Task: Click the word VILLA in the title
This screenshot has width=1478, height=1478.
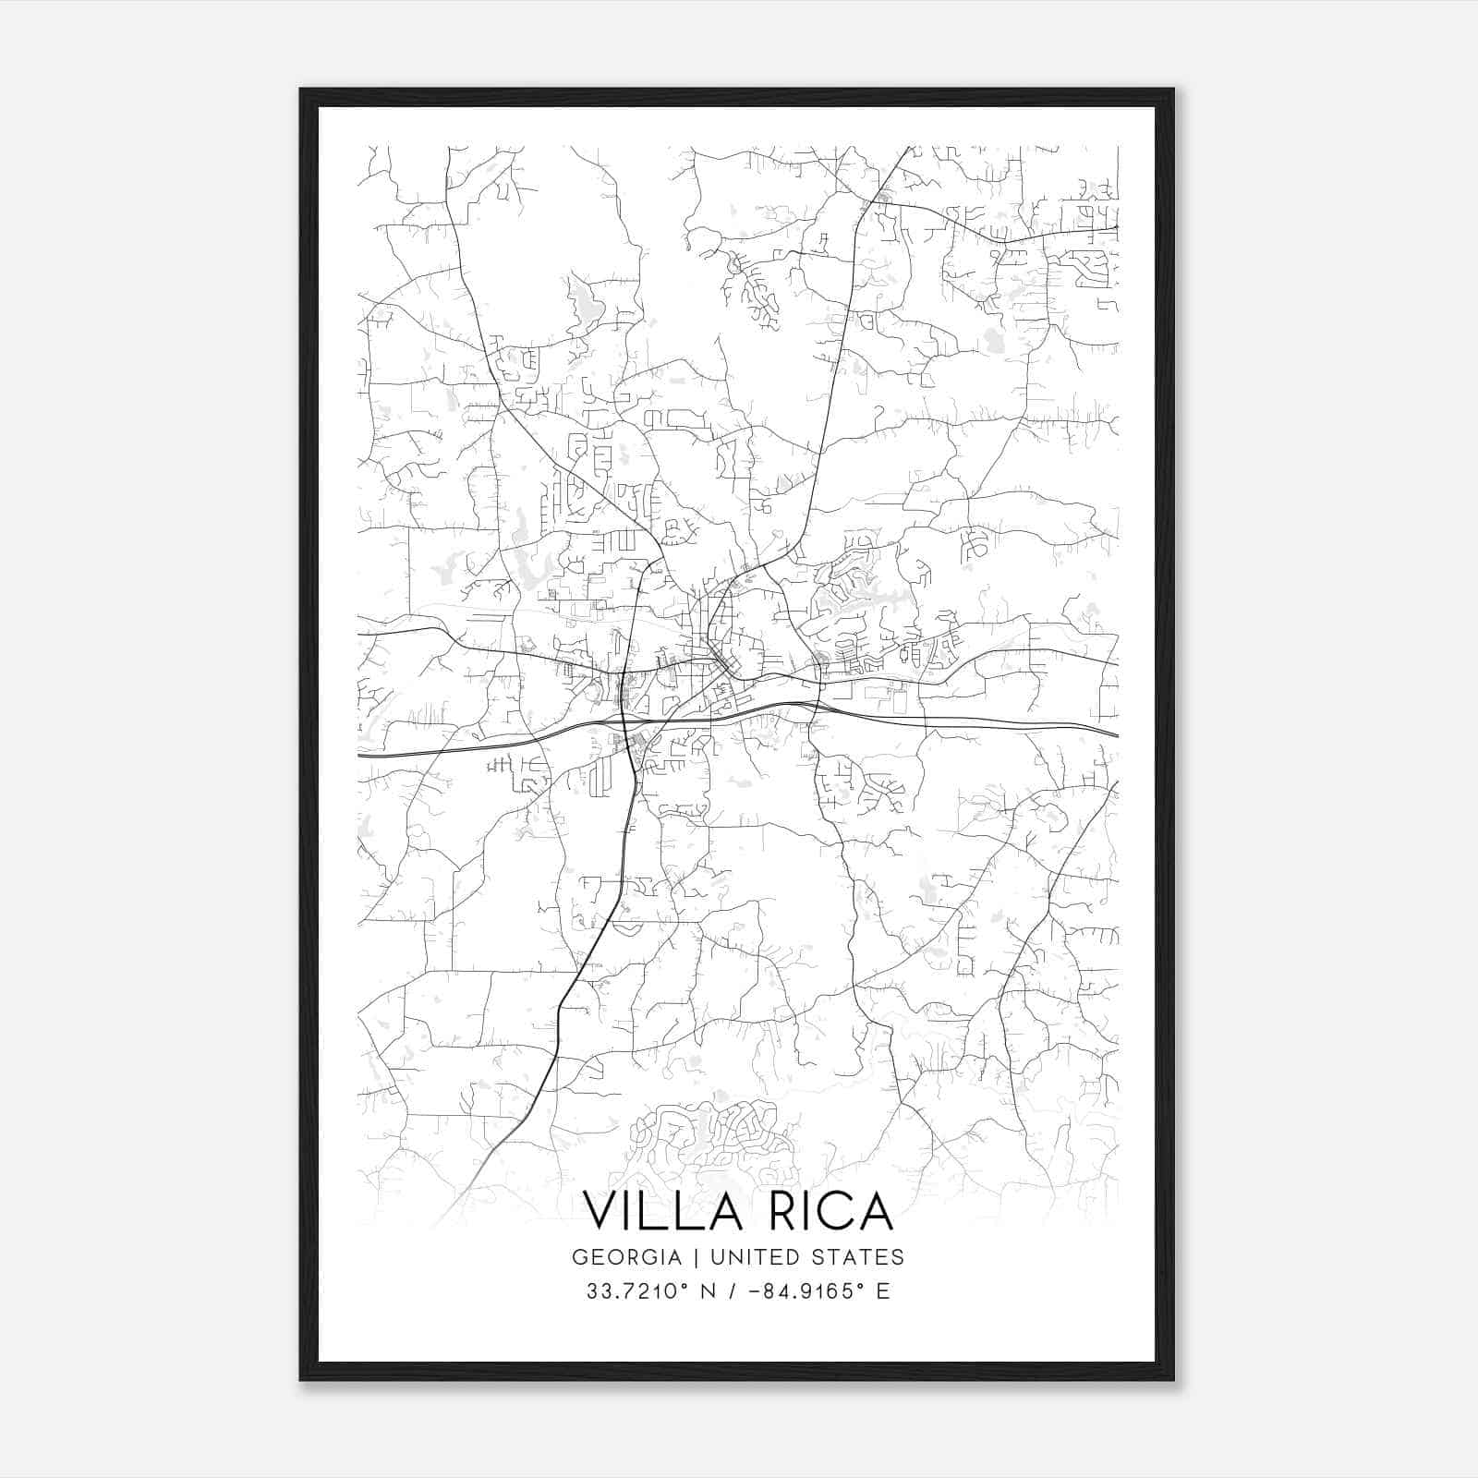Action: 662,1211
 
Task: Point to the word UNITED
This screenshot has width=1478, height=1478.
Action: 753,1257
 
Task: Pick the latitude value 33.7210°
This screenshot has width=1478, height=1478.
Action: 636,1291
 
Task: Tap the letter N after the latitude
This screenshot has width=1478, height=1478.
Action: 709,1291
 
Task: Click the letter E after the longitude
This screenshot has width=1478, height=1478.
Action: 883,1291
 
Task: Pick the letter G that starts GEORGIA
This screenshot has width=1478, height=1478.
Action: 579,1257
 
